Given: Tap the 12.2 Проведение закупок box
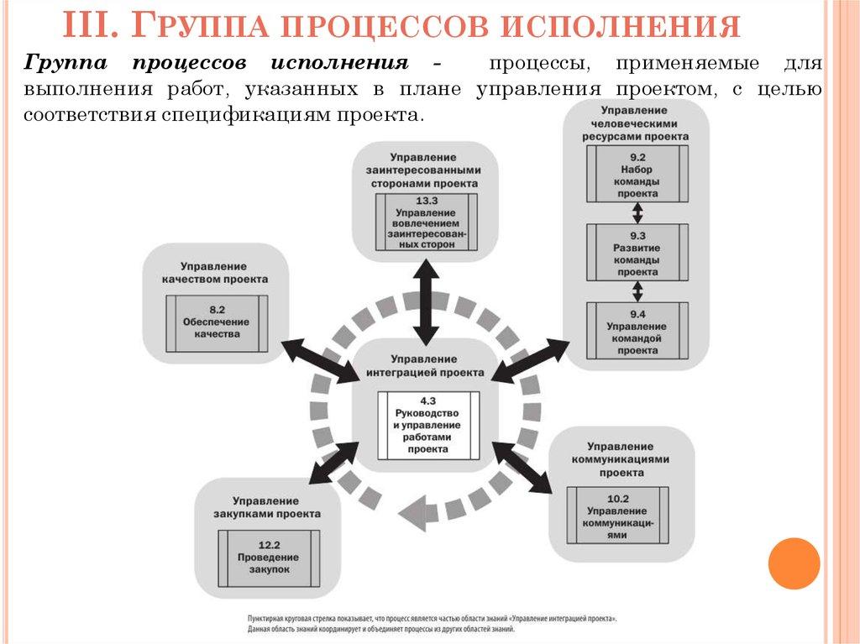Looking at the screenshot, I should coord(269,558).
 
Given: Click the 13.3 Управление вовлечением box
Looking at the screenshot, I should coord(425,222).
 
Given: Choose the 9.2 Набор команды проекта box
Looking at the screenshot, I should coord(637,174).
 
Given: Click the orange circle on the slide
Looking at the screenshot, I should coord(794,563).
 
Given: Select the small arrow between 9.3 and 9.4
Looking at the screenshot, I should coord(637,291).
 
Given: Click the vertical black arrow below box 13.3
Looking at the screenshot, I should coord(426,301).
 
